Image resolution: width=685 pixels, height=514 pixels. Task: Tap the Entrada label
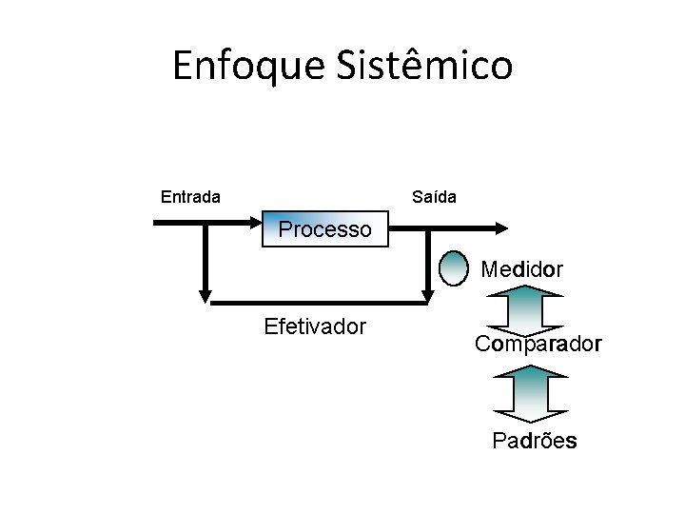coord(190,197)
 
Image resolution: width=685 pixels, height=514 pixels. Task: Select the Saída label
coord(434,197)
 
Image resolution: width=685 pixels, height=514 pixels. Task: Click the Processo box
coord(325,229)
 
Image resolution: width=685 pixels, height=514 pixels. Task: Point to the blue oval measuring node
coord(456,268)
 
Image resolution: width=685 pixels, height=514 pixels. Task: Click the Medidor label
coord(521,269)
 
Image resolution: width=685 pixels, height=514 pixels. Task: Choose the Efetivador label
coord(315,327)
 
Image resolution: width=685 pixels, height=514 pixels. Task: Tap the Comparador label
coord(538,344)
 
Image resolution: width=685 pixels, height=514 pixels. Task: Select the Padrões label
coord(534,441)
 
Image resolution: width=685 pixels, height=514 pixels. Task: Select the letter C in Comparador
coord(482,344)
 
